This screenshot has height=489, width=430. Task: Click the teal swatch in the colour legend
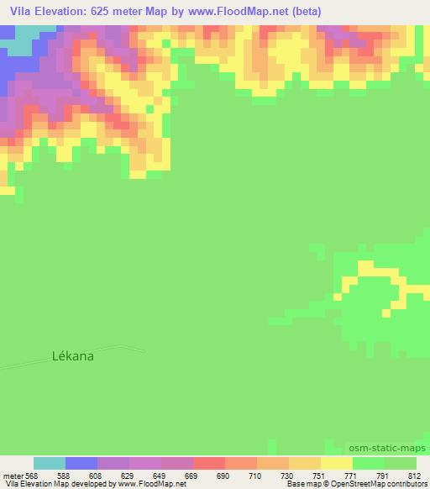[50, 463]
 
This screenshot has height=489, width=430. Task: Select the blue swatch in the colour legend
[81, 463]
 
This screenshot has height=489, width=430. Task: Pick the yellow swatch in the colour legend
[337, 463]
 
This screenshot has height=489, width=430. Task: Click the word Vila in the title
[24, 13]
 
